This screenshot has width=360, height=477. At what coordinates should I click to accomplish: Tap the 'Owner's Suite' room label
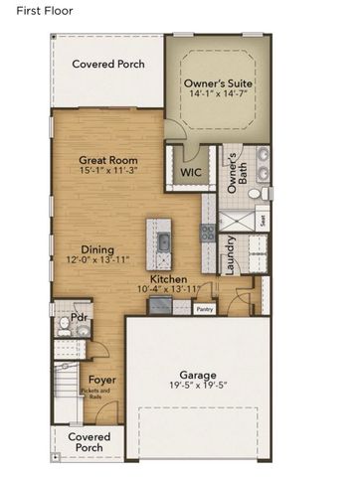(x=218, y=81)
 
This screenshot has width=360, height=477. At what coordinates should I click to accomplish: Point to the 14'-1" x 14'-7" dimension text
(x=218, y=94)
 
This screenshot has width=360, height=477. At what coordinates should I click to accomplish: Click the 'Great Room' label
(x=107, y=160)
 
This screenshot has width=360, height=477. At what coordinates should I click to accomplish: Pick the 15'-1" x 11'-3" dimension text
(x=107, y=172)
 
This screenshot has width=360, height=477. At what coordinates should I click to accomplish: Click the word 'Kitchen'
(x=168, y=279)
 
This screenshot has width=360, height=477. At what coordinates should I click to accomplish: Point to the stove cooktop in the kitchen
(x=208, y=233)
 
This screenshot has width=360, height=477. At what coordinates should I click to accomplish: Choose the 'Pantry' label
(x=204, y=309)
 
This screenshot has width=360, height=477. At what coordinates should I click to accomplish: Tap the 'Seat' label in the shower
(x=261, y=221)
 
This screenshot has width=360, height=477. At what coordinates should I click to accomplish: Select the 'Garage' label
(x=197, y=376)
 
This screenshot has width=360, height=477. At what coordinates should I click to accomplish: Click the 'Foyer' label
(x=101, y=379)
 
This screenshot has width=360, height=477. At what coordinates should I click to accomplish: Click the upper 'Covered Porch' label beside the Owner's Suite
(x=108, y=64)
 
